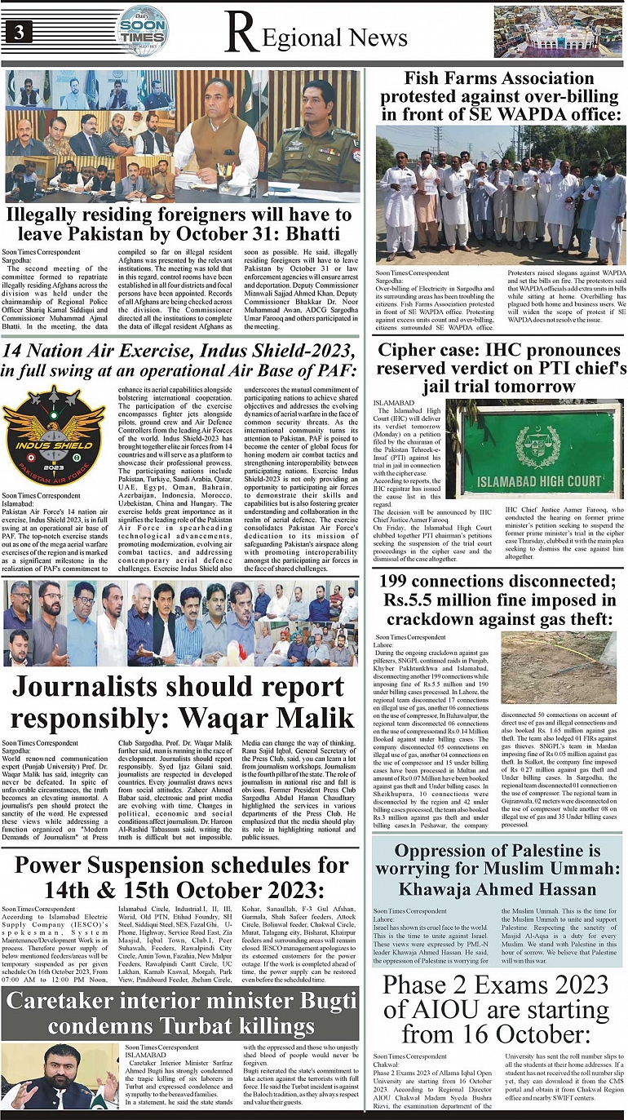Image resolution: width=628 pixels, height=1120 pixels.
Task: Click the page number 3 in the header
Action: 16,33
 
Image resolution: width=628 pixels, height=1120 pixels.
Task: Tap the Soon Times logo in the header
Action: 143,32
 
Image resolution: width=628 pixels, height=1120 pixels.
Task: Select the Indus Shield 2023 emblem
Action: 54,440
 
